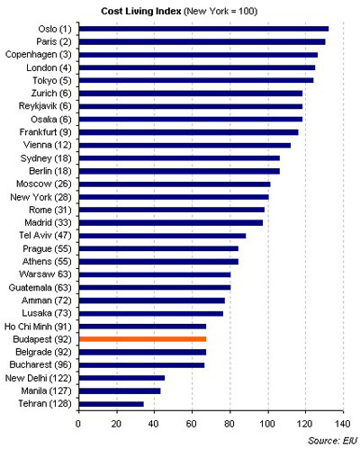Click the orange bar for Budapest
click(142, 339)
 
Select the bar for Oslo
click(203, 29)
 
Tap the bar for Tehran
click(112, 404)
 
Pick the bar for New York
click(174, 197)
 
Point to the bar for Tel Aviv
click(162, 236)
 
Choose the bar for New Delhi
click(121, 378)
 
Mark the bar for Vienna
click(184, 146)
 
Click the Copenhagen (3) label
click(39, 55)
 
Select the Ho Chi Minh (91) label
click(38, 327)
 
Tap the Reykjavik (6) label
click(45, 106)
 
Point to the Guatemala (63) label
click(40, 288)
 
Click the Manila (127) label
click(47, 391)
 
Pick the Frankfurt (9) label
click(46, 132)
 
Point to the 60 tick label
click(192, 424)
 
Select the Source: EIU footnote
click(333, 441)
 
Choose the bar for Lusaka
click(151, 313)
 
